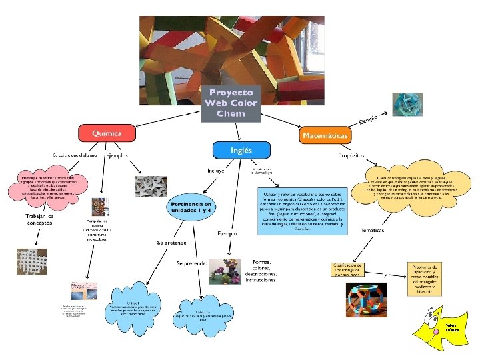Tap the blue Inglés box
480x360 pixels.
241,150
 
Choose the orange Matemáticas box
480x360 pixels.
325,135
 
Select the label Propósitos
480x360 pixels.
351,155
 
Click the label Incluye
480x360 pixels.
215,171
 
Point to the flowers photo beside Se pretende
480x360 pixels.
225,273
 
